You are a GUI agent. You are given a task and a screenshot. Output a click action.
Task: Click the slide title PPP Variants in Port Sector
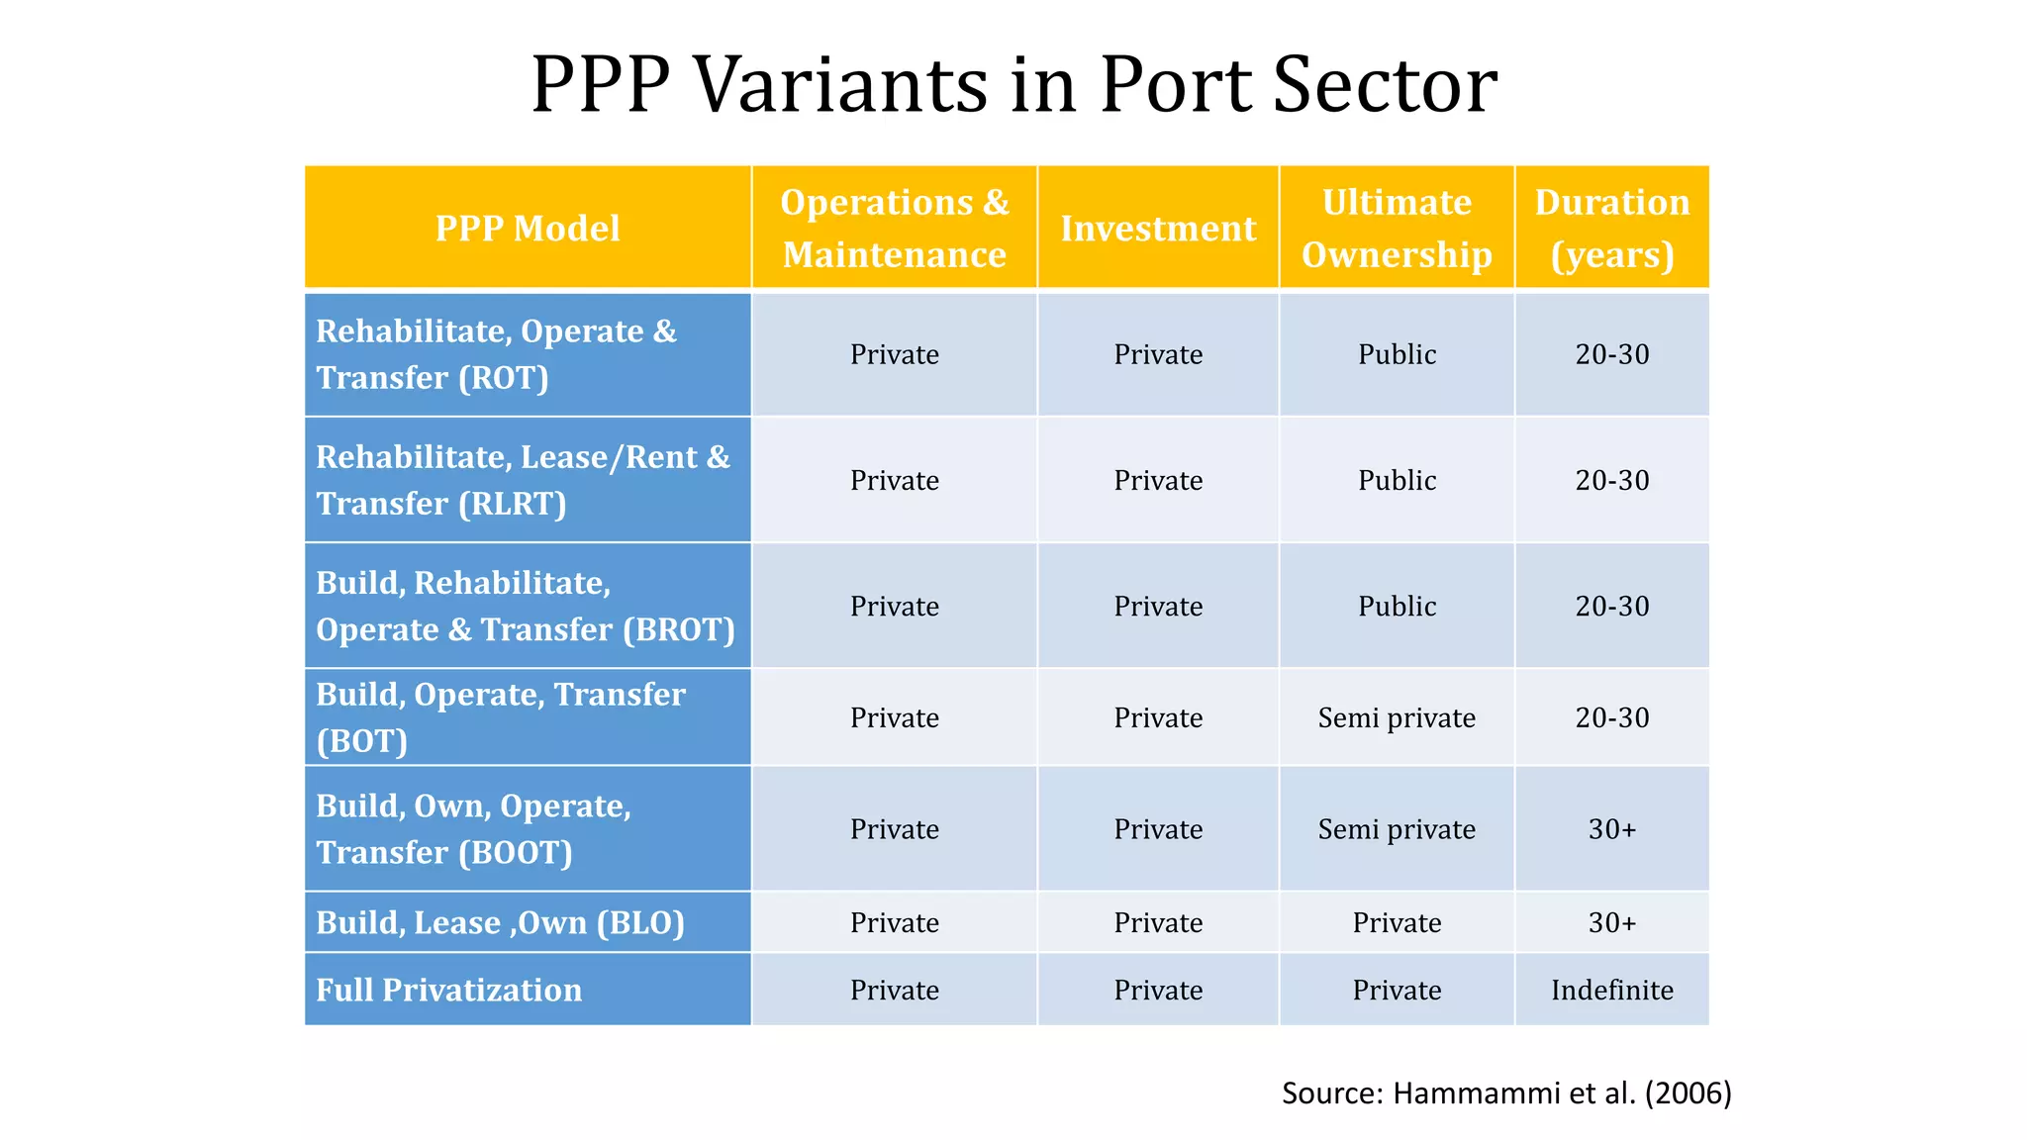(1013, 84)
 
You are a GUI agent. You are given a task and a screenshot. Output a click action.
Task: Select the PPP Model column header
(528, 229)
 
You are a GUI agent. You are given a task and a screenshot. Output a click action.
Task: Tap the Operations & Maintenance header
(894, 229)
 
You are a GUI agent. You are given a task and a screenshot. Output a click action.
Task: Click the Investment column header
(1158, 229)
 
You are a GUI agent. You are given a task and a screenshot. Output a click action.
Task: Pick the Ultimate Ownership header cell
(1397, 229)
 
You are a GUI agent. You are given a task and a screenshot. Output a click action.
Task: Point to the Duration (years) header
(1611, 229)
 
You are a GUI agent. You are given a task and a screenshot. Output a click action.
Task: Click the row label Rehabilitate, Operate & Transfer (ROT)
(496, 354)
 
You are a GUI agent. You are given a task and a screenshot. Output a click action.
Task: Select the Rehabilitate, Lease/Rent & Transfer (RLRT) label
(523, 480)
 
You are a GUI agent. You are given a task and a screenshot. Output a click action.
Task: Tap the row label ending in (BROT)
(525, 606)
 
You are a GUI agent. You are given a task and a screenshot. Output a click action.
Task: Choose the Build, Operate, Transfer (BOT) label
(500, 717)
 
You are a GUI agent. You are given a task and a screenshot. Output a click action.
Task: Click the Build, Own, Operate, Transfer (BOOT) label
(473, 829)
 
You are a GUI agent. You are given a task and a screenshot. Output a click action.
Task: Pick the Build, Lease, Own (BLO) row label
(500, 922)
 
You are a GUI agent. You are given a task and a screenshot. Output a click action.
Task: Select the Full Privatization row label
(448, 990)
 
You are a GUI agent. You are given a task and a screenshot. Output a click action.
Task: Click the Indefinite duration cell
(1611, 990)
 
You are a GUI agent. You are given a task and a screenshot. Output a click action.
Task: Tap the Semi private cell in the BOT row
(1397, 717)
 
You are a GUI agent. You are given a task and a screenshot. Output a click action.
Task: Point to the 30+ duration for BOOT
(1611, 829)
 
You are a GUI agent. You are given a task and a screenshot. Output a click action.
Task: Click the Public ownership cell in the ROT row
(1397, 354)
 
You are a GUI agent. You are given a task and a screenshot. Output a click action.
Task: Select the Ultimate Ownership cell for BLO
(1397, 922)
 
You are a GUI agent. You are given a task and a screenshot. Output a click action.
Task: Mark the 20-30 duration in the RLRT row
(1611, 480)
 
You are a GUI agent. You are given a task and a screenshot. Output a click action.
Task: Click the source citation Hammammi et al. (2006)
(1506, 1092)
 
